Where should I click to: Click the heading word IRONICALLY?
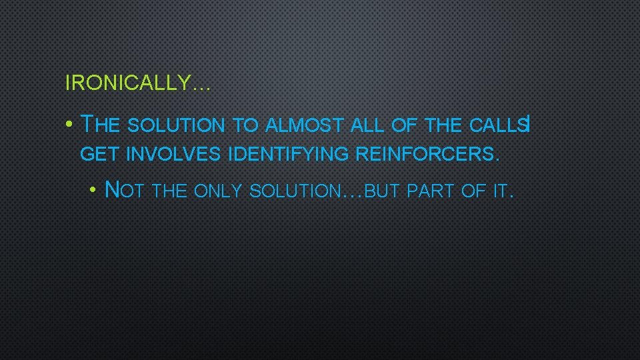tap(127, 83)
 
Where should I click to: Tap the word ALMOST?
tap(304, 125)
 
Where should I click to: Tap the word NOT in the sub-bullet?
tap(127, 191)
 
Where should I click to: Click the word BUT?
tap(384, 192)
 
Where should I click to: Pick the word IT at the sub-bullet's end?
tap(499, 192)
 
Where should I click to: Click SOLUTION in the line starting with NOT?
tap(294, 192)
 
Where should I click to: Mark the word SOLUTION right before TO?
tap(175, 125)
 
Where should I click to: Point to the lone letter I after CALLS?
tap(528, 124)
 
